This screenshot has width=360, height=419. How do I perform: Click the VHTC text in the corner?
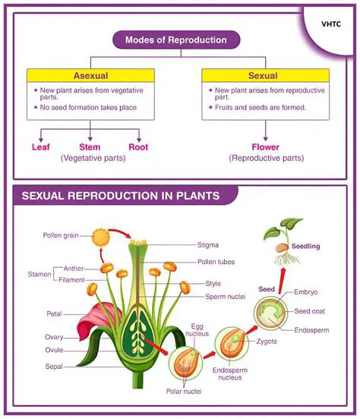(x=330, y=24)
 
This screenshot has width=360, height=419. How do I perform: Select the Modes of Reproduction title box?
(x=171, y=40)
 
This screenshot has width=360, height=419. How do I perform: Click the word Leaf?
(x=40, y=146)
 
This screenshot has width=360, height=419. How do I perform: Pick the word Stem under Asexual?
(x=90, y=146)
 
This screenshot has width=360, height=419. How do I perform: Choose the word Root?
(x=138, y=146)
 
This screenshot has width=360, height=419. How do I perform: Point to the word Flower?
(x=265, y=146)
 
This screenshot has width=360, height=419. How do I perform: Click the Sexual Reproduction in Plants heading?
(x=121, y=196)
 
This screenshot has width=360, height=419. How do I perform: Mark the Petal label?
(x=54, y=313)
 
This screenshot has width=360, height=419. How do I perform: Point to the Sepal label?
(x=53, y=367)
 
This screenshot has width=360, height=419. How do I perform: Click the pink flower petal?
(x=103, y=319)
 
